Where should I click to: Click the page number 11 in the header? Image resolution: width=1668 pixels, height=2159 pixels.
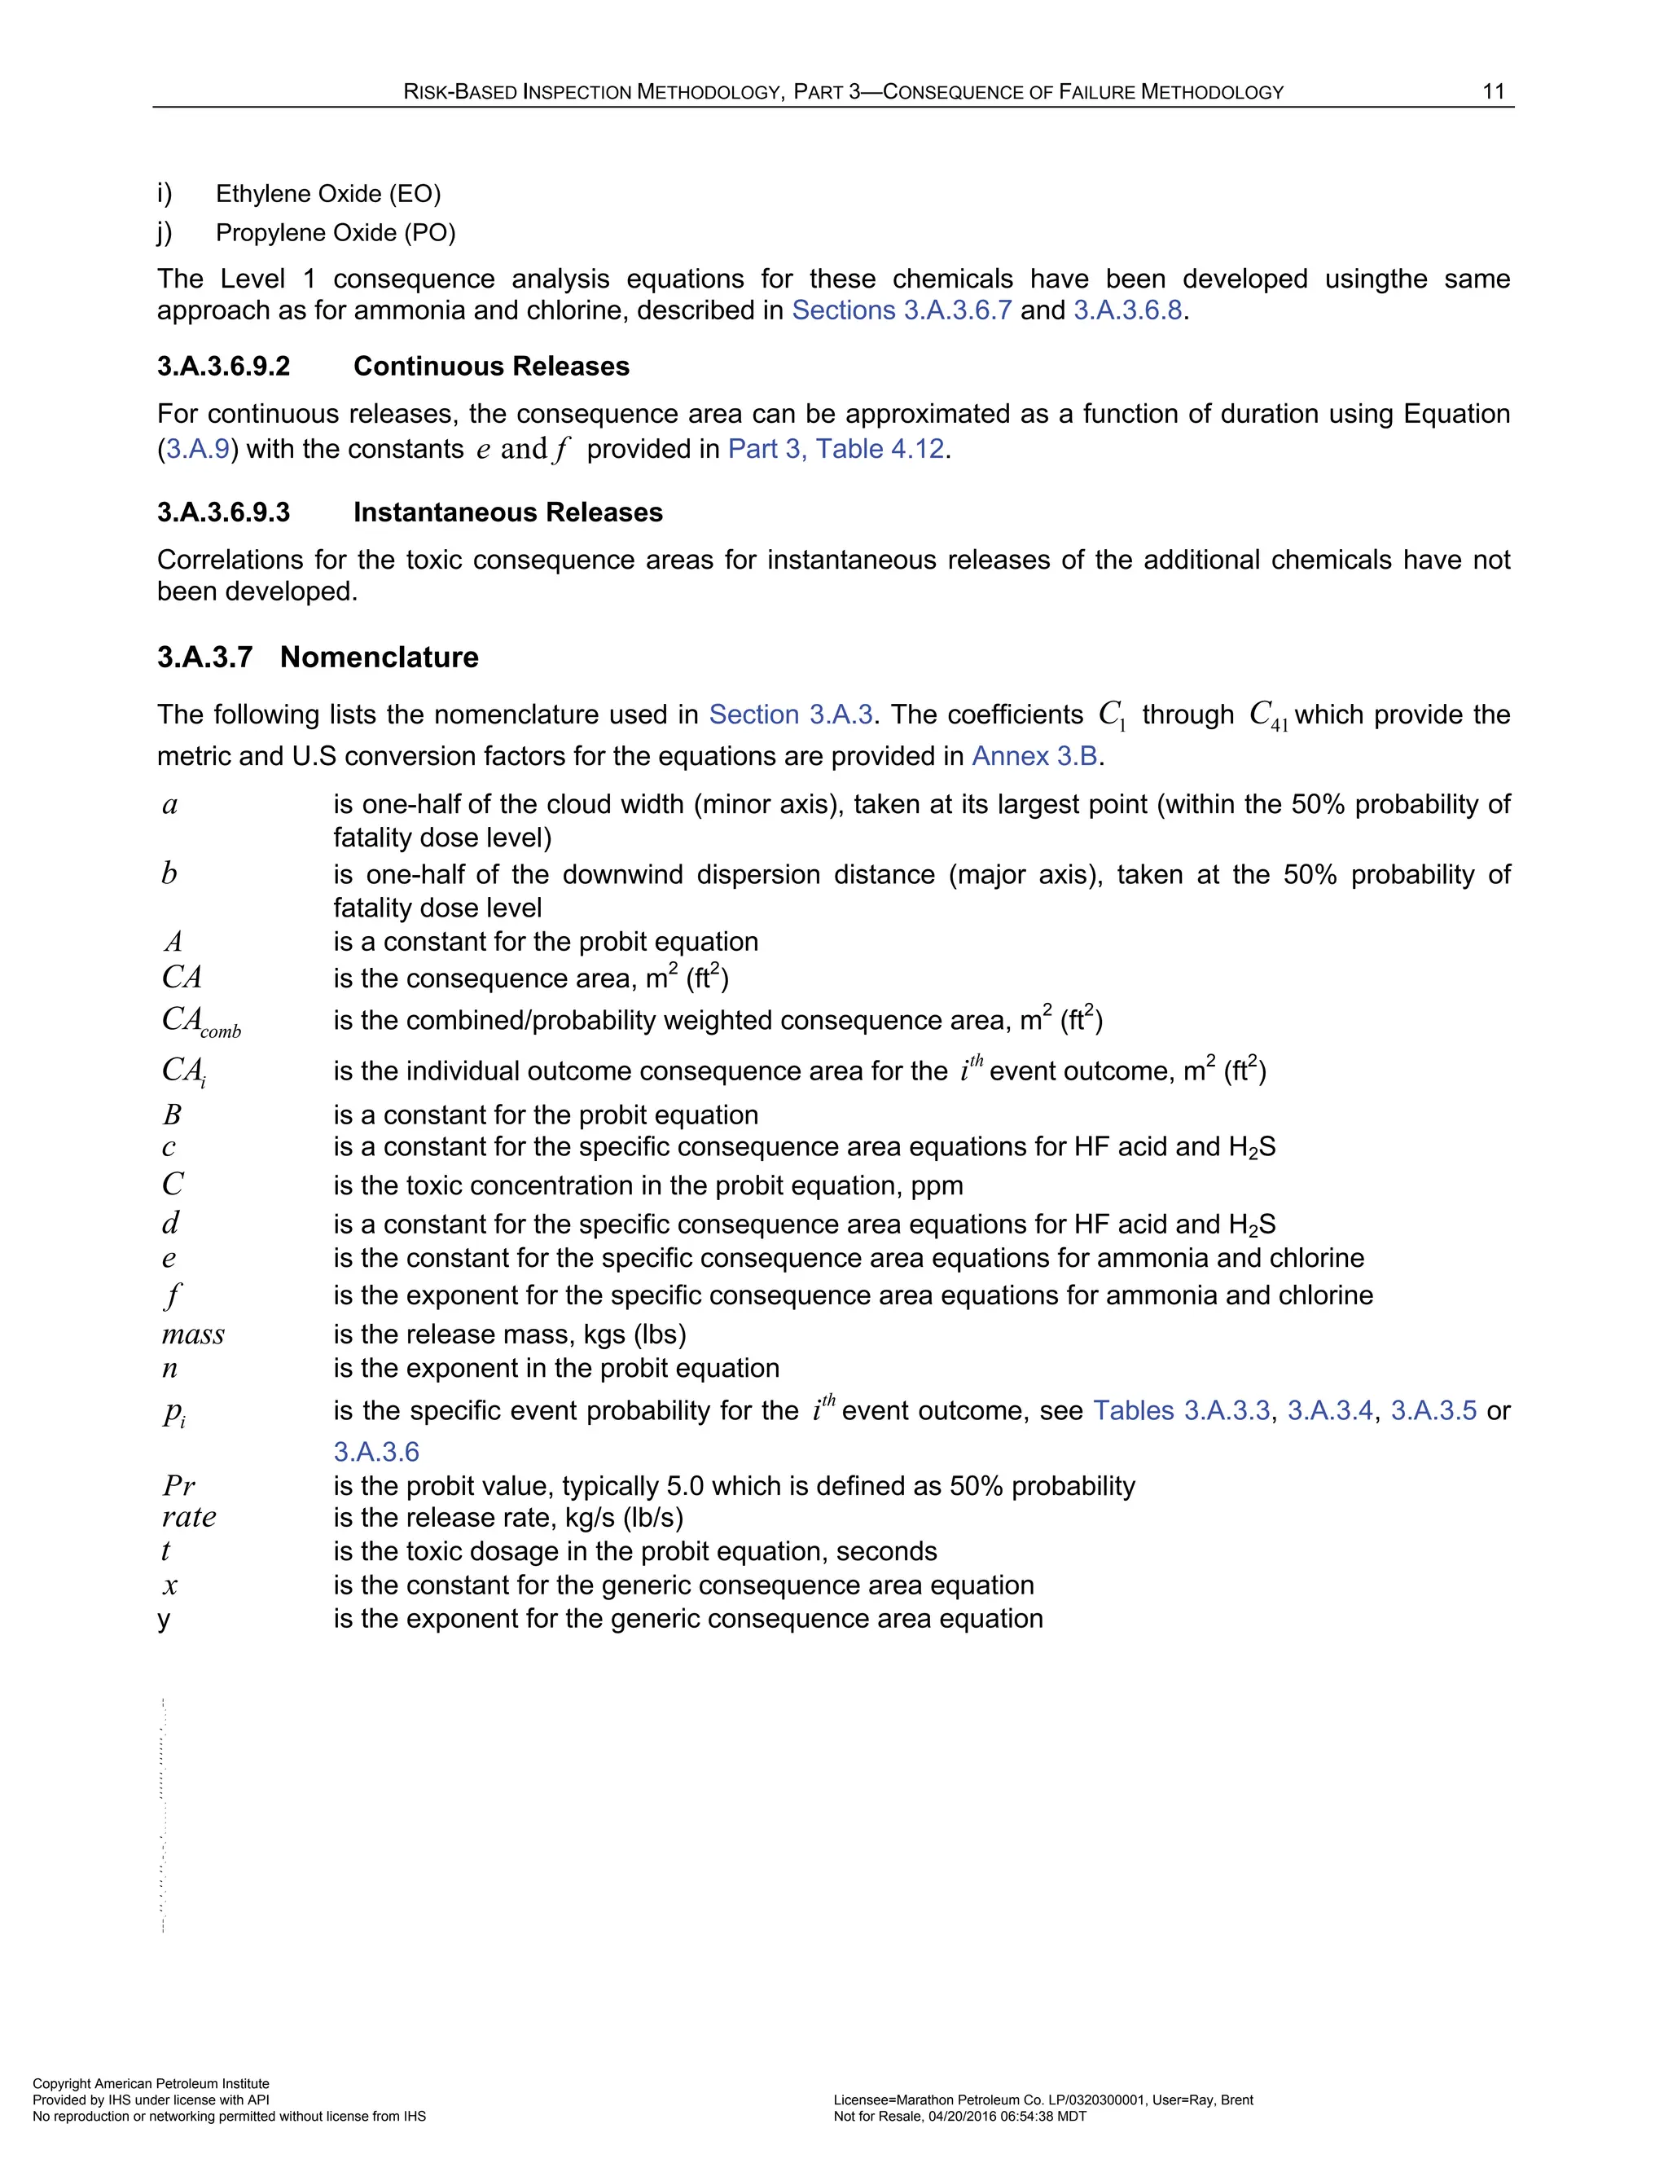pos(1493,91)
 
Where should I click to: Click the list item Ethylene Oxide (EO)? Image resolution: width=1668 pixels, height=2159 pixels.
pos(328,193)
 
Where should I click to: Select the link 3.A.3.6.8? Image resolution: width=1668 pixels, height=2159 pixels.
pos(1127,310)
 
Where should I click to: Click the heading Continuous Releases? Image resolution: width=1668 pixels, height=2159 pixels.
pos(491,367)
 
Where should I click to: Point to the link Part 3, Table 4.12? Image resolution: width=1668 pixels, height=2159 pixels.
pos(836,449)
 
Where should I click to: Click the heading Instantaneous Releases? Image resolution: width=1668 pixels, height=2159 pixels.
pos(508,512)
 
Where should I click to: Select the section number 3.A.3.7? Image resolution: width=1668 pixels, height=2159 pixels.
pos(204,657)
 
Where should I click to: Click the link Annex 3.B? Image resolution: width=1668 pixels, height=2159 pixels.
pos(1034,756)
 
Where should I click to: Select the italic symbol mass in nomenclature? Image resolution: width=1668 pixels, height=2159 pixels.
pos(193,1335)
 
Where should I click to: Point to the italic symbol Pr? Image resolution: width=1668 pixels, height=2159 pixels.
pos(179,1486)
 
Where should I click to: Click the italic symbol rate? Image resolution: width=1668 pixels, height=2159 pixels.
pos(189,1518)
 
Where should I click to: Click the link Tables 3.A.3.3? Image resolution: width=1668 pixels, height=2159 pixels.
pos(1181,1410)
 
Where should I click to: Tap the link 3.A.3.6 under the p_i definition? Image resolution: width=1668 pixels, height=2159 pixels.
pos(375,1452)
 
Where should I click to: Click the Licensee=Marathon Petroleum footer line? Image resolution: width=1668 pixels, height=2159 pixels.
pos(1042,2100)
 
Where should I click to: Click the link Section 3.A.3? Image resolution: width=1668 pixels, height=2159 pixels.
pos(791,715)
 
